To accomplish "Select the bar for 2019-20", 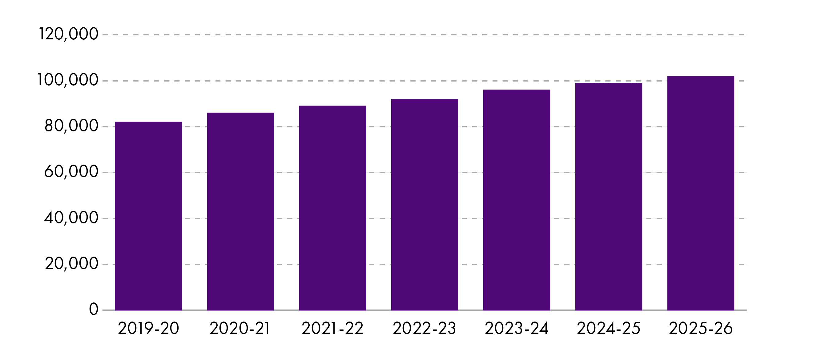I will coord(148,216).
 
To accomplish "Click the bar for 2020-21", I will coord(240,211).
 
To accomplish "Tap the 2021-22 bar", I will coord(332,208).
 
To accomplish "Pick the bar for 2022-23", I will coord(425,204).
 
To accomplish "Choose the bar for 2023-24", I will coord(517,200).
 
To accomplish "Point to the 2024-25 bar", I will coord(609,196).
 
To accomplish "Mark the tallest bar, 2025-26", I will coord(701,193).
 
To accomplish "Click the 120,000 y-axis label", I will coord(68,34).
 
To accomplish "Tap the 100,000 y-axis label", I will coord(67,80).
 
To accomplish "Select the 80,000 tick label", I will coord(71,126).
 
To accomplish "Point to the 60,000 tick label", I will coord(71,172).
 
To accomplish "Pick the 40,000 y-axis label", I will coord(71,218).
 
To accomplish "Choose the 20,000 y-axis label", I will coord(71,264).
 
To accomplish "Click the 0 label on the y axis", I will coord(94,309).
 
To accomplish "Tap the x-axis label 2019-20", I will coord(148,328).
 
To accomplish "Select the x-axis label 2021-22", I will coord(332,328).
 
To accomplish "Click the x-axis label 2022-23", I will coord(425,328).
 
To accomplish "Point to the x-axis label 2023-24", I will coord(517,328).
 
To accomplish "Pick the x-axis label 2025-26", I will coord(701,328).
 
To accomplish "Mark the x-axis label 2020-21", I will coord(240,328).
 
